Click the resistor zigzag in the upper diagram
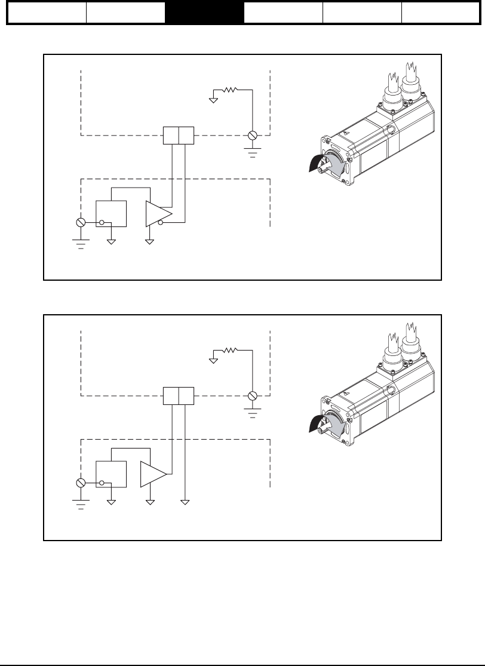click(230, 90)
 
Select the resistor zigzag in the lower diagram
click(230, 351)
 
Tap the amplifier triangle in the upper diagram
click(158, 214)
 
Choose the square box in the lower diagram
click(112, 474)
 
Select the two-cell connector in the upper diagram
click(179, 136)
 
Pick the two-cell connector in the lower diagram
click(179, 395)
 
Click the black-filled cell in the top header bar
click(205, 12)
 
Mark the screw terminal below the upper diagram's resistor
click(253, 136)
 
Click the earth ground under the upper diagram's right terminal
click(253, 152)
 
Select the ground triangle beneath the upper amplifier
click(150, 242)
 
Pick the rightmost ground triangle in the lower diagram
click(186, 502)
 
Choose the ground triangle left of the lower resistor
click(213, 359)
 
